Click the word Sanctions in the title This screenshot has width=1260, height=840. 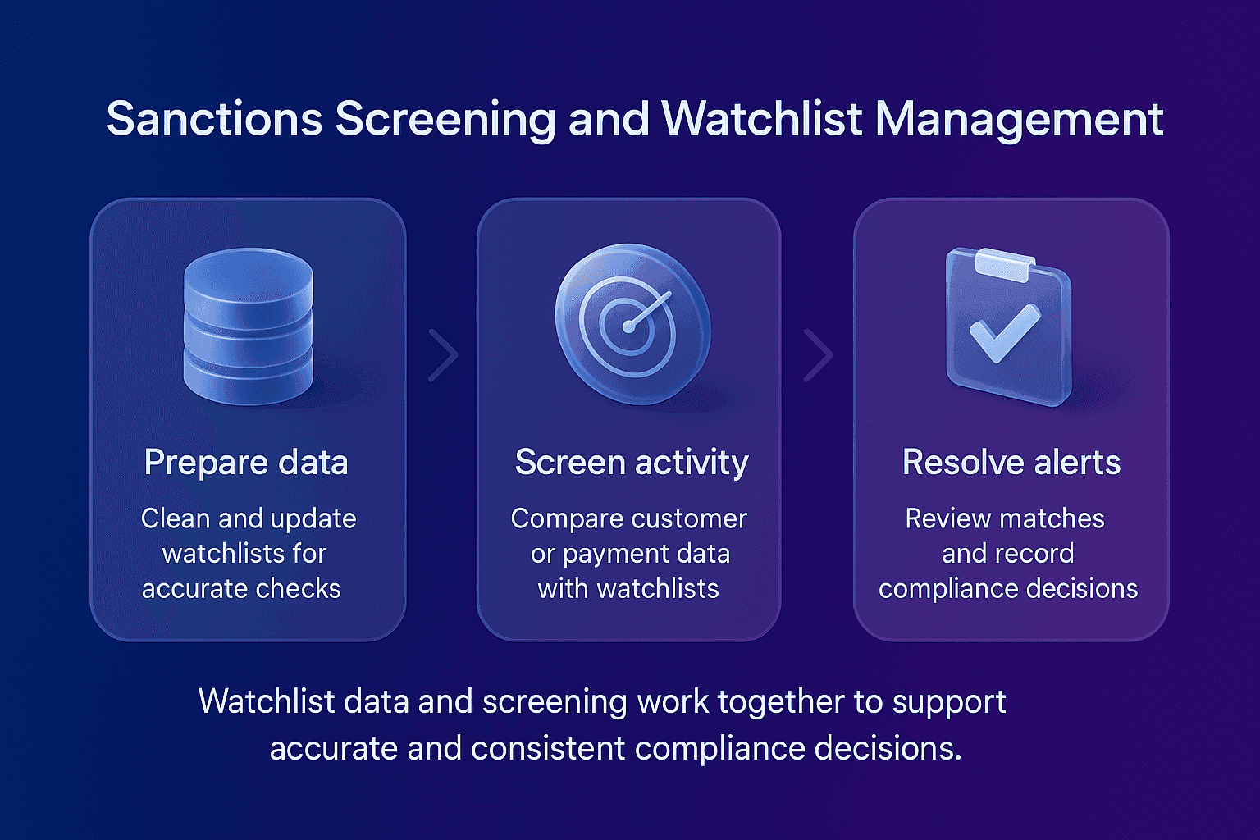pyautogui.click(x=214, y=119)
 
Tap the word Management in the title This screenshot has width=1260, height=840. pyautogui.click(x=1019, y=119)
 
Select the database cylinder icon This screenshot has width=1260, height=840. pyautogui.click(x=248, y=326)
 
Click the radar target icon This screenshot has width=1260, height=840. pyautogui.click(x=630, y=323)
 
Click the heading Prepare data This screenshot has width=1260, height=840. pyautogui.click(x=246, y=463)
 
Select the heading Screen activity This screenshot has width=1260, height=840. pyautogui.click(x=631, y=463)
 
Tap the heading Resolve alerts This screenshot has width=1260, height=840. pyautogui.click(x=1011, y=463)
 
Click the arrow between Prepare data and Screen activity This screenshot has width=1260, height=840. pyautogui.click(x=444, y=355)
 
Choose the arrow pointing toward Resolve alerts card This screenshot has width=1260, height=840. pyautogui.click(x=818, y=355)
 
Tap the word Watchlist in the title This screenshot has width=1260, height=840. pyautogui.click(x=762, y=119)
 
